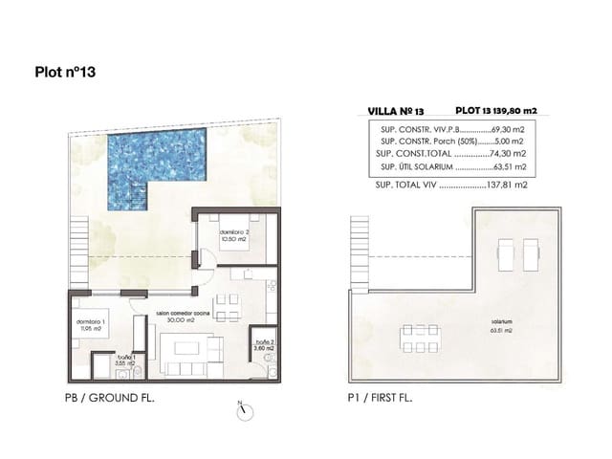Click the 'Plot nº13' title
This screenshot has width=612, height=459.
[x=65, y=71]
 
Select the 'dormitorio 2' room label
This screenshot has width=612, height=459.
[x=233, y=234]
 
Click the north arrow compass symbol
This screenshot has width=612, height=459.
[x=245, y=408]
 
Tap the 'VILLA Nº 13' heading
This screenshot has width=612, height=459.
[x=395, y=110]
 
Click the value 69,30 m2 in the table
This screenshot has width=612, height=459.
[x=511, y=127]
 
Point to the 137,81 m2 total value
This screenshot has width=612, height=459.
[x=510, y=188]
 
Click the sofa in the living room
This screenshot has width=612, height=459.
[x=183, y=368]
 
